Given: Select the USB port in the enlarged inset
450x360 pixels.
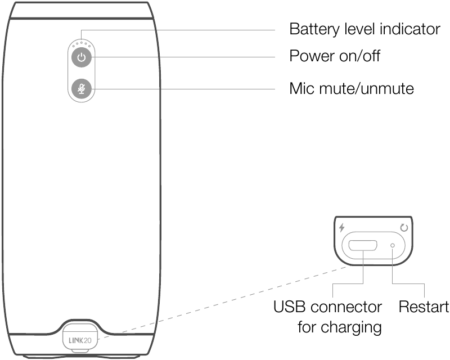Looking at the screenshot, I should coord(363,246).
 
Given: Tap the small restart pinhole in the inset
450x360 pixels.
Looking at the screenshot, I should coord(393,245).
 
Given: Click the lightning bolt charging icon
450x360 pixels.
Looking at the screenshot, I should coord(341,228).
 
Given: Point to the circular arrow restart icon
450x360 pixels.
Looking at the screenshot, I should coord(403,228).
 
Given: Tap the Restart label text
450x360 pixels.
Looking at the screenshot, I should coord(424,308).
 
